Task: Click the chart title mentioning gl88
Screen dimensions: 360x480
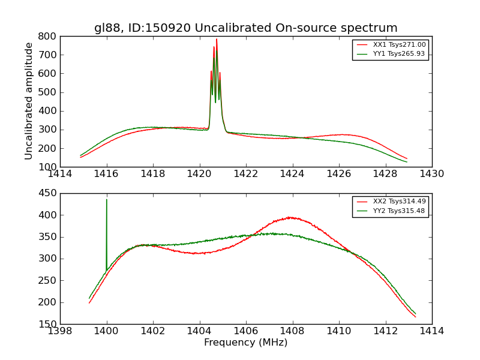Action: [x=245, y=28]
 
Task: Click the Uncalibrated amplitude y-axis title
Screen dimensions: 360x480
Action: [x=29, y=101]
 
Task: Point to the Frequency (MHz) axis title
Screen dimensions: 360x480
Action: [x=245, y=343]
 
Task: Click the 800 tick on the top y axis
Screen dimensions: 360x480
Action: [x=48, y=36]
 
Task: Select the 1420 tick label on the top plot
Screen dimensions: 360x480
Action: [x=199, y=174]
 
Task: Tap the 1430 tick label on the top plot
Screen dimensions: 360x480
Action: [x=431, y=174]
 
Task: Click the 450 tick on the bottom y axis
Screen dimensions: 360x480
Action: [x=48, y=193]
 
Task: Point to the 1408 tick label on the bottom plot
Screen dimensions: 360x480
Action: [x=292, y=331]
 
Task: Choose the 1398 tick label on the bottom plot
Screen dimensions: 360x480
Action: [x=60, y=331]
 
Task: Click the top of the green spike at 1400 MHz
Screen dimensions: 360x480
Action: [x=107, y=200]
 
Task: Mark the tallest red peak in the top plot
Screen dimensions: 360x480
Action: [x=217, y=40]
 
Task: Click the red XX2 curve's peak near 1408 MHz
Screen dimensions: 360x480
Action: [x=290, y=217]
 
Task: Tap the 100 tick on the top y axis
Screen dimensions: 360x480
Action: [x=48, y=167]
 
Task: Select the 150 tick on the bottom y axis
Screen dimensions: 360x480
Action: [x=48, y=324]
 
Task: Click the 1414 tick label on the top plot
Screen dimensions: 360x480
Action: [x=60, y=174]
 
